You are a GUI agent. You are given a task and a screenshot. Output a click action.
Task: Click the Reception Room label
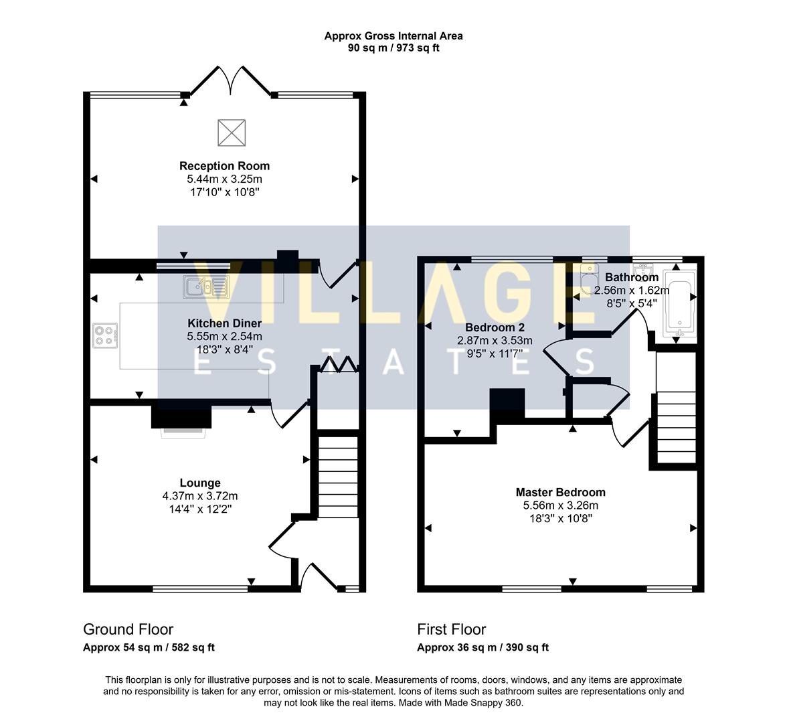(224, 166)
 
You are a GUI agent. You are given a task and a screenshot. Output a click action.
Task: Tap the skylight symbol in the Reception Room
(232, 132)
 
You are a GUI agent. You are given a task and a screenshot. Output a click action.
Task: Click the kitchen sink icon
(206, 286)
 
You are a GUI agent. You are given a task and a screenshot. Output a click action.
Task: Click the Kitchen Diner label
(224, 323)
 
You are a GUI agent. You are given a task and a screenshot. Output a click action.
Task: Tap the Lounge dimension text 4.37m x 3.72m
(200, 496)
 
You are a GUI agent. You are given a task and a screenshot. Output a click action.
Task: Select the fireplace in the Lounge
(182, 418)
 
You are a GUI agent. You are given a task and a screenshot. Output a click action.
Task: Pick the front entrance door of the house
(319, 577)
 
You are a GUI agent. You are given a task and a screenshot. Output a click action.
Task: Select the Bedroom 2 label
(495, 327)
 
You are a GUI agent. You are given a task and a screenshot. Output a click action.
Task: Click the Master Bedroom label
(560, 492)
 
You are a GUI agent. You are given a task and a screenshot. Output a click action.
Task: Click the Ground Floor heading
(128, 629)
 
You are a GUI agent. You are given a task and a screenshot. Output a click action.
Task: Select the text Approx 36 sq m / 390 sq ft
(483, 647)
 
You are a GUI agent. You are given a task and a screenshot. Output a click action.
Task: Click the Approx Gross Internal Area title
(394, 36)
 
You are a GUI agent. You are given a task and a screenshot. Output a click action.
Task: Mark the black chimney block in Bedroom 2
(507, 404)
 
